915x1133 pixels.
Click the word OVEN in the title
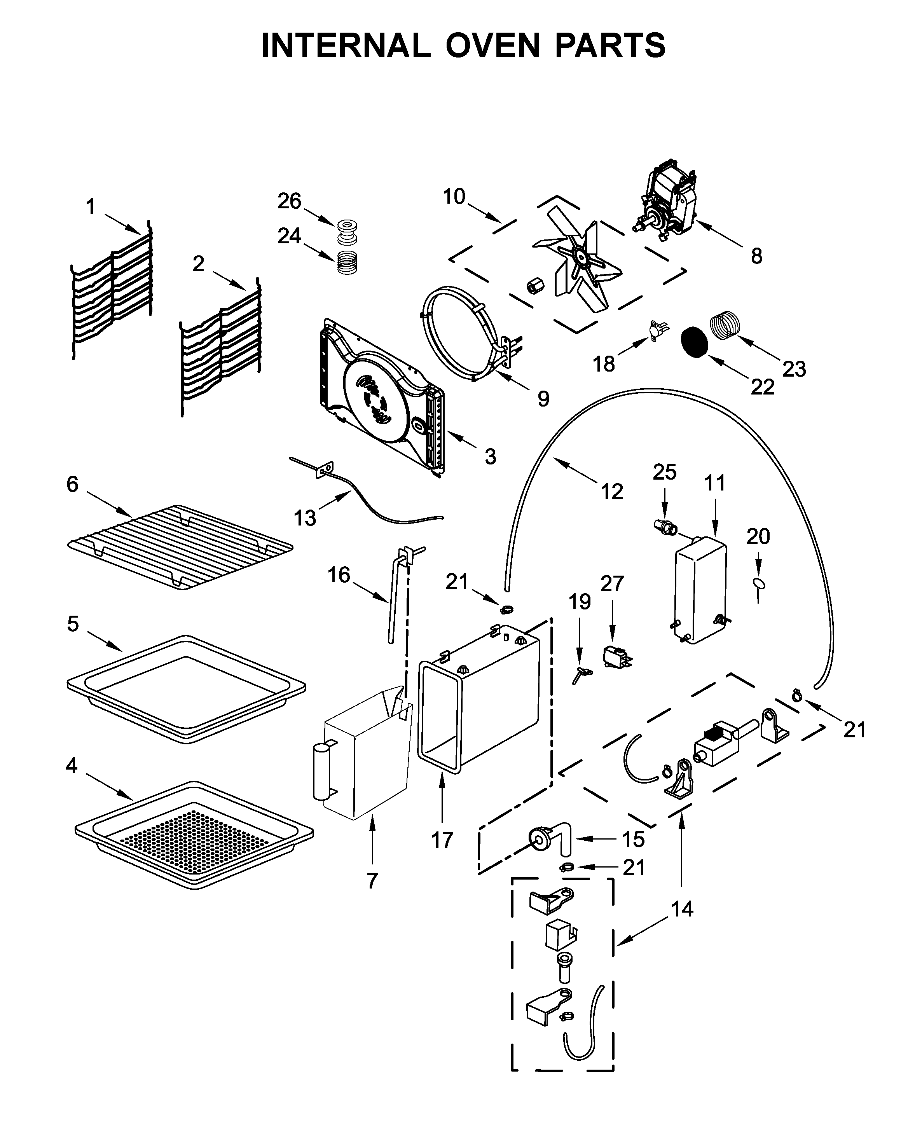pos(493,45)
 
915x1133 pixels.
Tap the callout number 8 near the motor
pos(756,257)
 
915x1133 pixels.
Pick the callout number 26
pos(289,201)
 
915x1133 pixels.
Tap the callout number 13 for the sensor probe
pos(305,518)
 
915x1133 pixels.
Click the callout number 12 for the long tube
pos(611,492)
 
